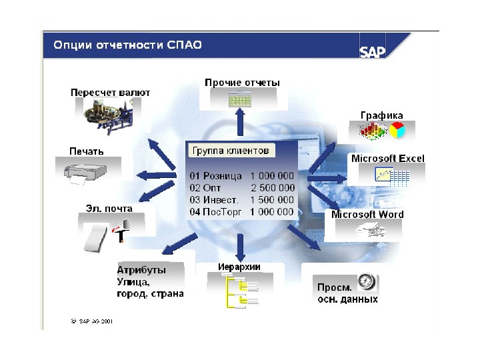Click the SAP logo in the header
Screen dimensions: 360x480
pyautogui.click(x=373, y=51)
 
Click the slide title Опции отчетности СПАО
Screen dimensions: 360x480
pyautogui.click(x=127, y=45)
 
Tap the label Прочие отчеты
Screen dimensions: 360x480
pyautogui.click(x=242, y=83)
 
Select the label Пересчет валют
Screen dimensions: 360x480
pyautogui.click(x=111, y=93)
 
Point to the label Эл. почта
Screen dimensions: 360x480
pyautogui.click(x=109, y=209)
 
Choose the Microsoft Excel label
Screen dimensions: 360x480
pyautogui.click(x=387, y=159)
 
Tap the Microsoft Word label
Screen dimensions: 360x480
pyautogui.click(x=367, y=215)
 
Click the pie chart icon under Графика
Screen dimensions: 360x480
pyautogui.click(x=397, y=131)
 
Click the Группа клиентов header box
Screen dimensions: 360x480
pyautogui.click(x=230, y=151)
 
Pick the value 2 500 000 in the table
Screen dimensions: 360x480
pyautogui.click(x=272, y=188)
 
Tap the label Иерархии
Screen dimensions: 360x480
pyautogui.click(x=239, y=267)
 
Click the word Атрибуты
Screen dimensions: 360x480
pyautogui.click(x=141, y=270)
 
